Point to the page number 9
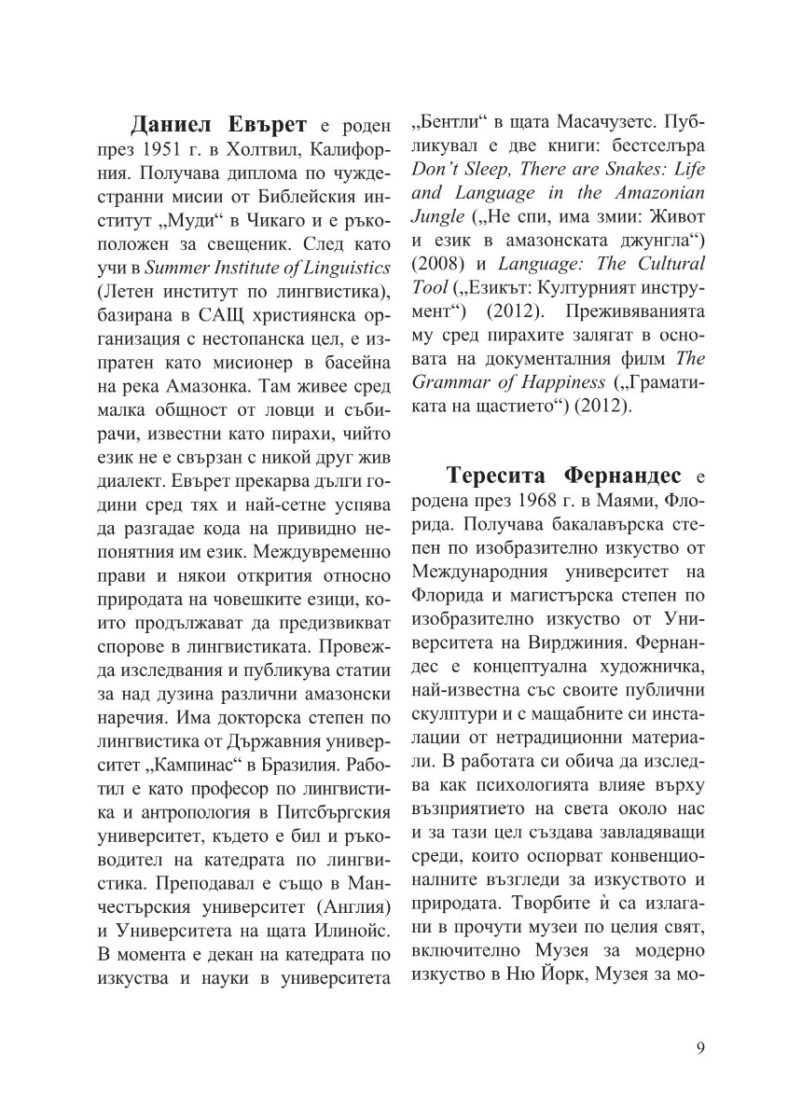coord(700,1045)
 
